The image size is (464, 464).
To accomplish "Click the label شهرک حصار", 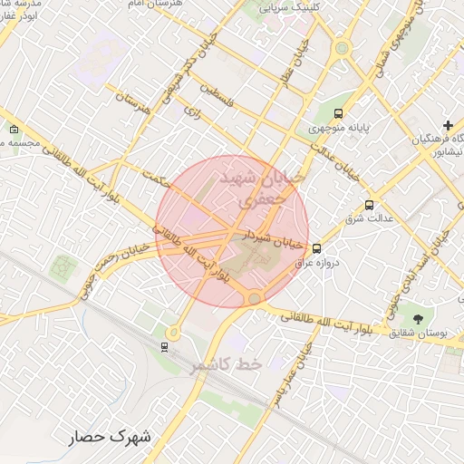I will [x=112, y=437].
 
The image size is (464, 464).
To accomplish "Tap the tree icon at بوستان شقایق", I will [x=418, y=319].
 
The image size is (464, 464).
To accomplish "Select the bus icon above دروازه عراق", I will [x=316, y=248].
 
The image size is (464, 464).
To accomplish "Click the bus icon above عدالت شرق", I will [x=368, y=205].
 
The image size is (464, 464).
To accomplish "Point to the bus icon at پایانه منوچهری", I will [x=338, y=113].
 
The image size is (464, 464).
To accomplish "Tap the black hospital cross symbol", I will [x=448, y=124].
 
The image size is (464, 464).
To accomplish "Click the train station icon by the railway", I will [x=164, y=345].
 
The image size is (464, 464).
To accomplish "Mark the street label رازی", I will [x=191, y=112].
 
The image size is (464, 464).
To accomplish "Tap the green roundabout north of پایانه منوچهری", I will [x=342, y=49].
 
